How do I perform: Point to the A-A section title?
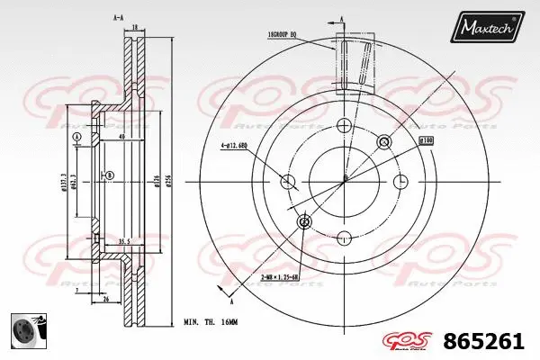[118, 17]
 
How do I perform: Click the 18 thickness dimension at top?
[135, 28]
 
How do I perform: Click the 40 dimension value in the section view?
[121, 138]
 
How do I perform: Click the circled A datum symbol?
[76, 137]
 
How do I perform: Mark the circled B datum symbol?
[110, 176]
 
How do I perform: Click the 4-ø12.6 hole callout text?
[237, 147]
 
